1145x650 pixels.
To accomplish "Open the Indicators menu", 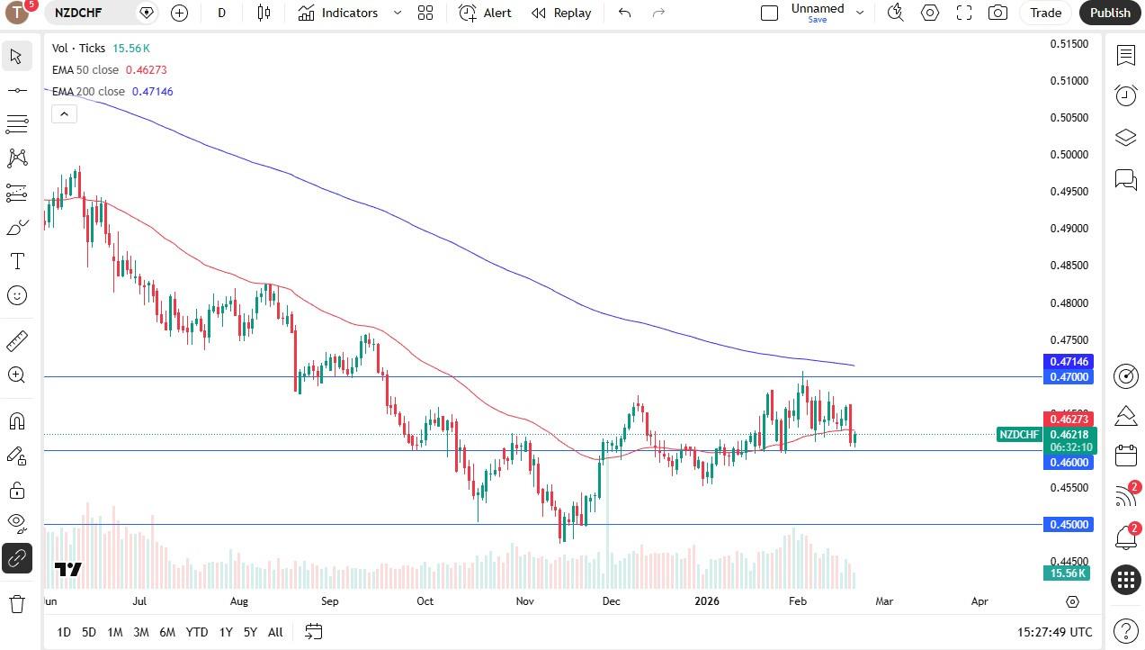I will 339,13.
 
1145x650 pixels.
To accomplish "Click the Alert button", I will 485,13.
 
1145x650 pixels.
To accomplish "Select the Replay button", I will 561,13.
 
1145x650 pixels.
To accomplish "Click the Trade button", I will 1045,13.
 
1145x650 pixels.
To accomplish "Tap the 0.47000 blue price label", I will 1068,376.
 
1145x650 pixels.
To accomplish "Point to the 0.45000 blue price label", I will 1068,524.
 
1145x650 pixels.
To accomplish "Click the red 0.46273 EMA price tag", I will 1068,419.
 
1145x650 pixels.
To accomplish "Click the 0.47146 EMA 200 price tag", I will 1068,361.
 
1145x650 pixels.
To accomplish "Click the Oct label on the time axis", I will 425,601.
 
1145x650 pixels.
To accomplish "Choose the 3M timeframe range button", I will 140,632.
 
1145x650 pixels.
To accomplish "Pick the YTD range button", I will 196,632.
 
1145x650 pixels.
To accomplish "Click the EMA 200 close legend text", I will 88,92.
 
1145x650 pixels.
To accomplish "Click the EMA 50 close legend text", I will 85,70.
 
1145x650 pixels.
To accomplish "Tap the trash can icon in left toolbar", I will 16,603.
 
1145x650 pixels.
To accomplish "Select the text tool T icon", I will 16,262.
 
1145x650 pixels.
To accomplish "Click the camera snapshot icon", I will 997,13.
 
